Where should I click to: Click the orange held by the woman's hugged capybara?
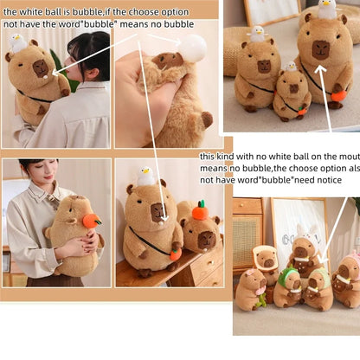pyautogui.click(x=91, y=221)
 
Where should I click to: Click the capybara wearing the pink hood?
pyautogui.click(x=349, y=275)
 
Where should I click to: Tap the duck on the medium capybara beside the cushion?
pyautogui.click(x=256, y=34)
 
